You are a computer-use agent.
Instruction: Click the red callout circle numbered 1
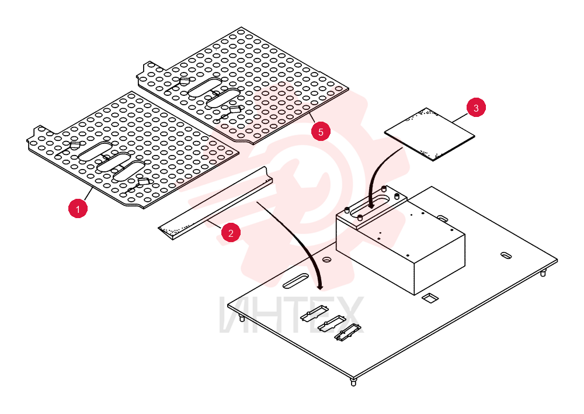click(x=78, y=209)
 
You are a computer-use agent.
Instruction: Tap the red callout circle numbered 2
click(x=231, y=233)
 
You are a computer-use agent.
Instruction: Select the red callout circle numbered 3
click(x=476, y=108)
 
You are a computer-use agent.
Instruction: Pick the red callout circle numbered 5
click(x=321, y=132)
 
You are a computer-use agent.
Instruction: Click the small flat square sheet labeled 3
click(x=429, y=134)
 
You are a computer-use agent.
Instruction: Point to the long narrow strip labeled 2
click(x=215, y=202)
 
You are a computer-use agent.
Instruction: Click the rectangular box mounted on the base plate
click(x=401, y=240)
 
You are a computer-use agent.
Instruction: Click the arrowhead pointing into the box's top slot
click(x=371, y=205)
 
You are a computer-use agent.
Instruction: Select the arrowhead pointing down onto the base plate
click(x=319, y=287)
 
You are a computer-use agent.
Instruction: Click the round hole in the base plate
click(x=327, y=259)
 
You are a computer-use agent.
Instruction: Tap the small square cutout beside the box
click(x=430, y=298)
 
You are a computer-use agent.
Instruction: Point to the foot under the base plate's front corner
click(x=353, y=382)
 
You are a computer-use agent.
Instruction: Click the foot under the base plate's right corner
click(x=543, y=273)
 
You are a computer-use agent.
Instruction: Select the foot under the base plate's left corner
click(x=242, y=318)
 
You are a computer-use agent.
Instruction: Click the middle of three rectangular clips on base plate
click(x=331, y=323)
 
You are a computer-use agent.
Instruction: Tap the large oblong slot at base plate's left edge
click(x=296, y=281)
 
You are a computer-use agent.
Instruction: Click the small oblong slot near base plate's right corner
click(x=506, y=256)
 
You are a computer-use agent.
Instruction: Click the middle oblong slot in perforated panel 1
click(x=113, y=162)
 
